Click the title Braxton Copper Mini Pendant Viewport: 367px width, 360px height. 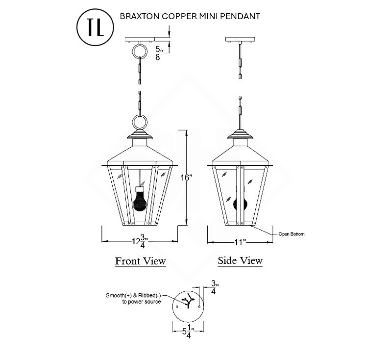click(190, 16)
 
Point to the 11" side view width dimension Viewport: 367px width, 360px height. click(239, 242)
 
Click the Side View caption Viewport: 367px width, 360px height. click(240, 260)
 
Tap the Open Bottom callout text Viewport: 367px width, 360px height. click(291, 234)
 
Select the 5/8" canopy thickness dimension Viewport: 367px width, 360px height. click(158, 53)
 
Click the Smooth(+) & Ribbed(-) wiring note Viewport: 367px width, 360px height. click(133, 299)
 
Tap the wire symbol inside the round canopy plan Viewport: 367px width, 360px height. click(187, 301)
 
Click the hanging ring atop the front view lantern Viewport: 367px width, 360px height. click(140, 122)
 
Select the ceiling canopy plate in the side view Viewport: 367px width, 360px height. click(240, 39)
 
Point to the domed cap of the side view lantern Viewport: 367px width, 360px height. click(240, 136)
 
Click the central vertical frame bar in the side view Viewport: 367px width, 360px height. click(240, 196)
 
